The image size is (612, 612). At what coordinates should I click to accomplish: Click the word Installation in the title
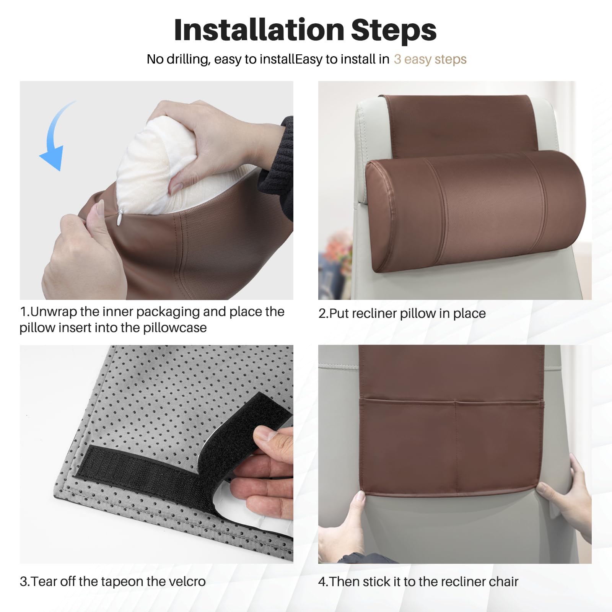259,30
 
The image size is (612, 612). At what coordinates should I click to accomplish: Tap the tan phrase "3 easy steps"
430,59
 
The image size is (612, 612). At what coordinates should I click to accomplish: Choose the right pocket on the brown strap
497,446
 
